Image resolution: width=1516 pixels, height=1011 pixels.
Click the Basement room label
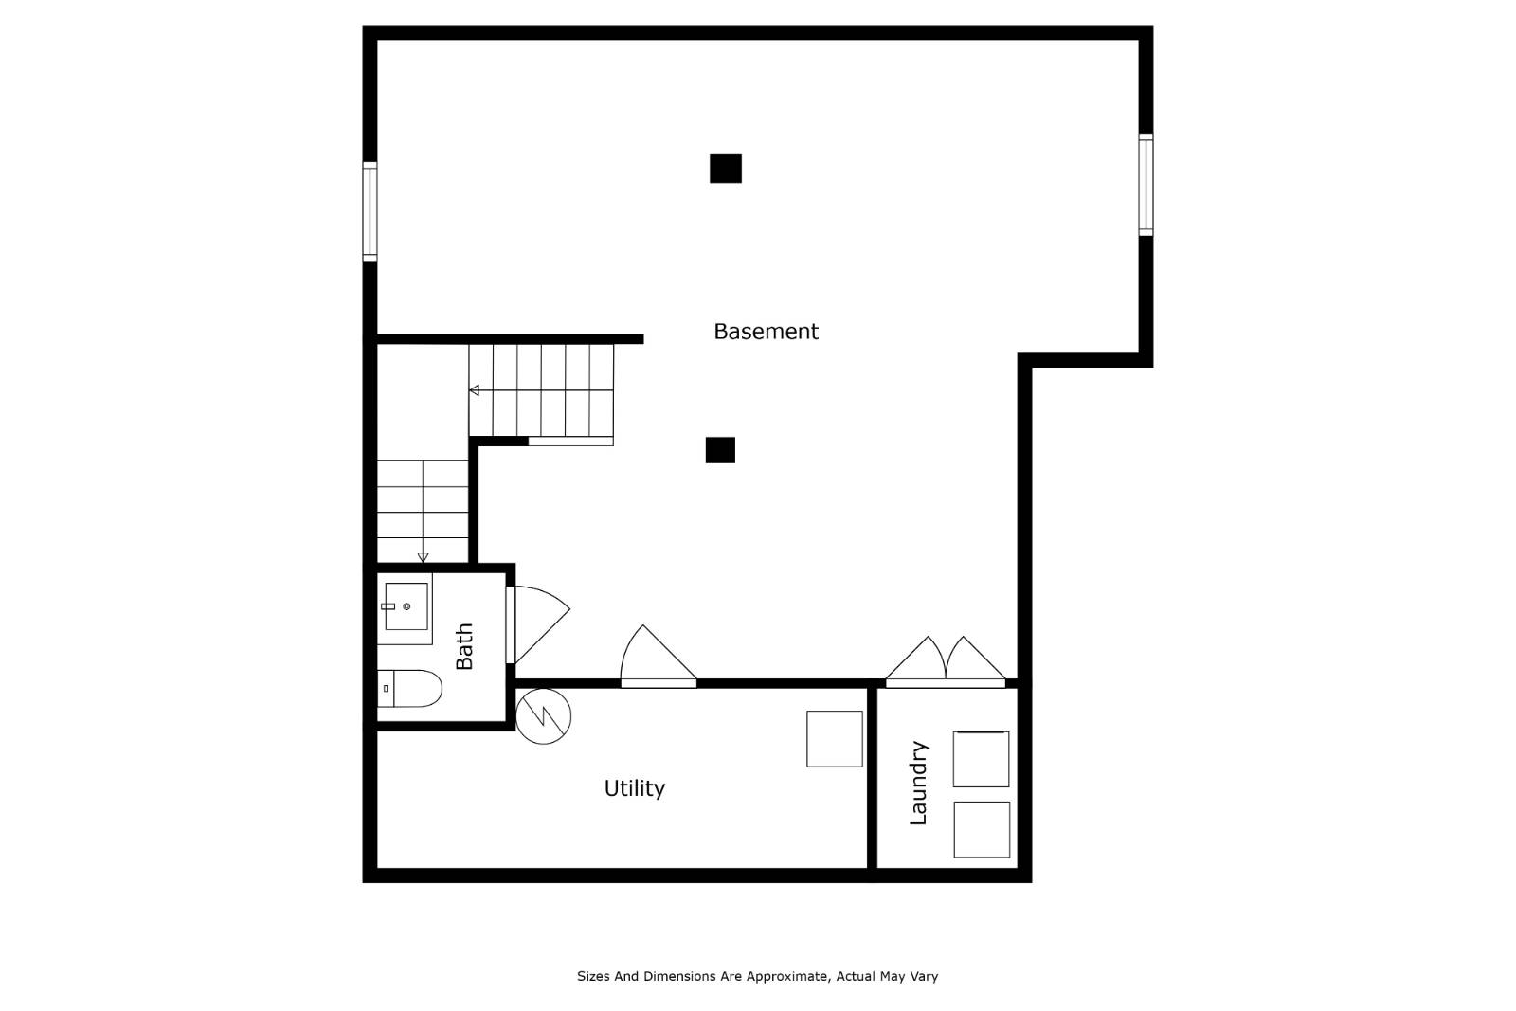tap(766, 332)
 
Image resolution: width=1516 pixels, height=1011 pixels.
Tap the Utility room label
tap(634, 788)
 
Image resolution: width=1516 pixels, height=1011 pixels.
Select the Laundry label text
tap(918, 783)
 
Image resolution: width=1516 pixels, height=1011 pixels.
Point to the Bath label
tap(464, 646)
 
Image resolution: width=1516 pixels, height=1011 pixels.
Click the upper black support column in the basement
tap(725, 169)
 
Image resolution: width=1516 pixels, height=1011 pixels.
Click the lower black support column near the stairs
tap(720, 450)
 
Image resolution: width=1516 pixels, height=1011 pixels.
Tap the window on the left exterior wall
tap(370, 210)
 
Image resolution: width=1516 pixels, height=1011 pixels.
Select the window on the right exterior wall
tap(1146, 185)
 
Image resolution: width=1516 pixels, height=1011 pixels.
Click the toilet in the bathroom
tap(409, 689)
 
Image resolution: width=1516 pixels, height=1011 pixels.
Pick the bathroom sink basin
tap(406, 606)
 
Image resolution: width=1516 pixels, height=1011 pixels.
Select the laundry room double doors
tap(946, 661)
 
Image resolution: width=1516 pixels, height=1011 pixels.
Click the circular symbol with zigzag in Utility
tap(544, 715)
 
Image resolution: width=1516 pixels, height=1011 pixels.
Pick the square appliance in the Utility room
tap(834, 739)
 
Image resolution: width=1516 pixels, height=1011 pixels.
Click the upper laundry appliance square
tap(981, 759)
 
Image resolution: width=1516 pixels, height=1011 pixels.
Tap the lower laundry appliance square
tap(981, 829)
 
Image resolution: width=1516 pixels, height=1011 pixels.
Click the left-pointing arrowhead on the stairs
tap(474, 390)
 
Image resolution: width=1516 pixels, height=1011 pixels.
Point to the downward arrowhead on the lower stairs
tap(423, 557)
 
